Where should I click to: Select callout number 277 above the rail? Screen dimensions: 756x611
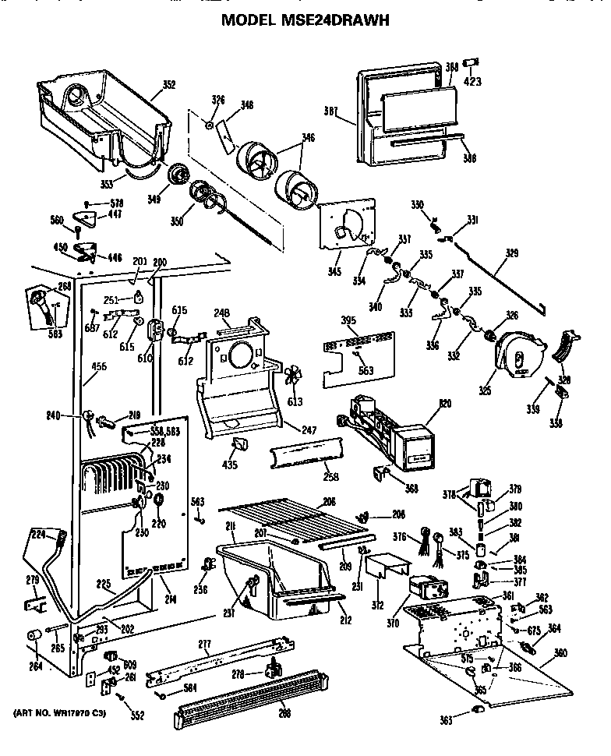click(205, 644)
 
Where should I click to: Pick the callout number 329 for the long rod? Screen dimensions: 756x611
click(511, 253)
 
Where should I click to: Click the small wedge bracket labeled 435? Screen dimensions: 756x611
click(238, 447)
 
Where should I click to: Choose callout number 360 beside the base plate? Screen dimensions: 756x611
click(560, 653)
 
